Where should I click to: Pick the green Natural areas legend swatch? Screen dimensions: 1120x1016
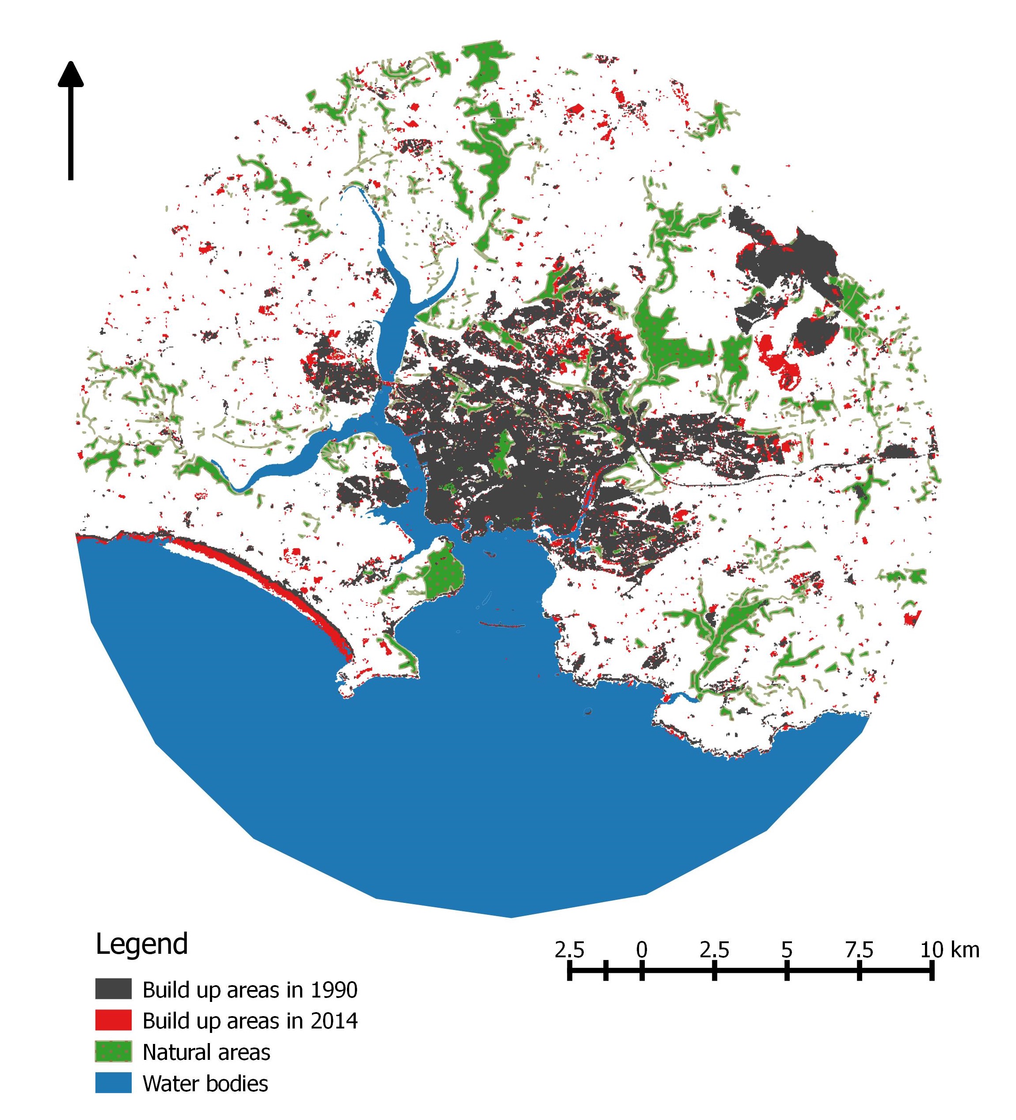click(113, 1051)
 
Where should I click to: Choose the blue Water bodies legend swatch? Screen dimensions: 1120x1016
click(113, 1083)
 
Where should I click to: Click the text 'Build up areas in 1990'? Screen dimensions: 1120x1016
click(250, 990)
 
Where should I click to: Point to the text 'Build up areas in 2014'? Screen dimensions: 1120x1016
click(250, 1021)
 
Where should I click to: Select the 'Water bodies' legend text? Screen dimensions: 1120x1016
click(205, 1083)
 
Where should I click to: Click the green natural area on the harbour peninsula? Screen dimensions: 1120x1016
click(444, 572)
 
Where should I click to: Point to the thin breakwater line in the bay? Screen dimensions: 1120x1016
click(502, 626)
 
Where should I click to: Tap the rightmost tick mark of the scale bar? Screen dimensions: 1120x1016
click(932, 971)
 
